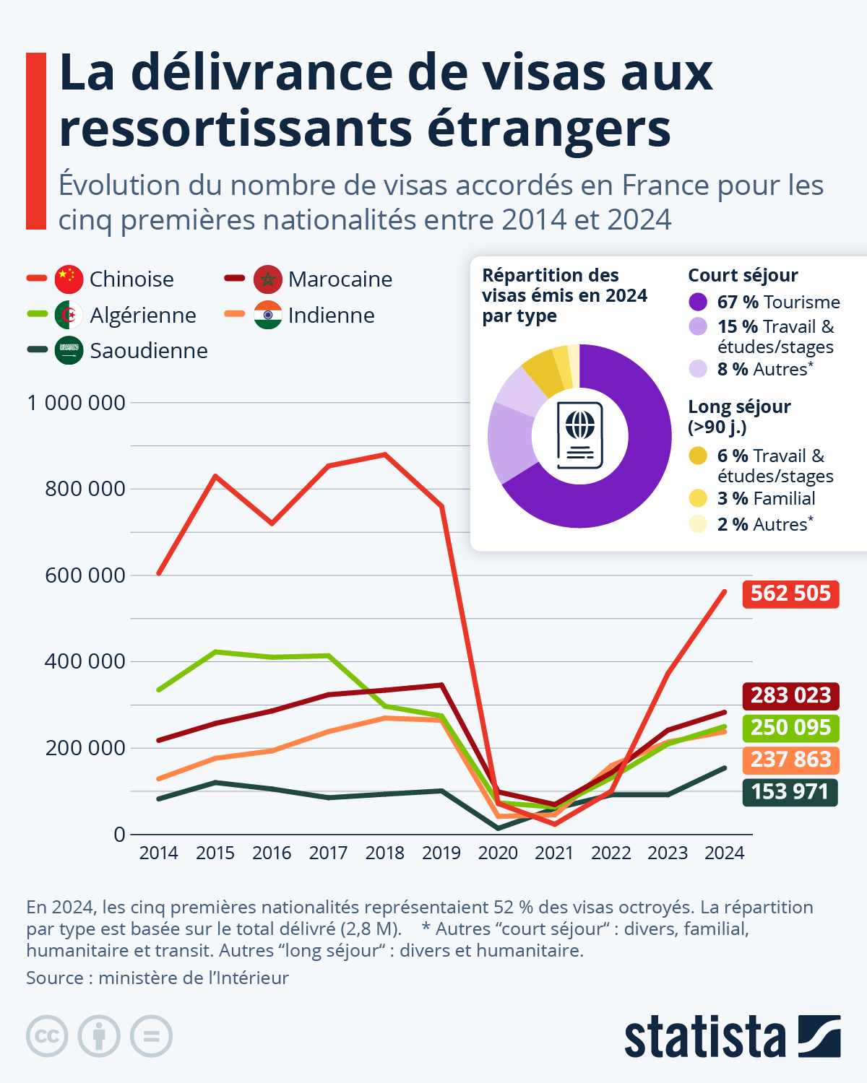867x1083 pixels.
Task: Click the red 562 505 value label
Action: tap(790, 593)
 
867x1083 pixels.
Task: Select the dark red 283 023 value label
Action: tap(790, 695)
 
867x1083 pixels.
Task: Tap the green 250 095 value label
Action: tap(790, 727)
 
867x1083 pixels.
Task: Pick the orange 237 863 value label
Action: tap(790, 760)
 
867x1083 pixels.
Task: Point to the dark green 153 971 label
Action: tap(790, 792)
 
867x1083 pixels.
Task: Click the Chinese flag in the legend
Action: tap(69, 279)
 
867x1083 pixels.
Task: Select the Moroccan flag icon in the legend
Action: tap(267, 279)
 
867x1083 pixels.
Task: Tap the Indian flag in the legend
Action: tap(267, 315)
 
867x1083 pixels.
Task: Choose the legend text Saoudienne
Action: tap(149, 351)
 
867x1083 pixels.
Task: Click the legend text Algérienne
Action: tap(143, 315)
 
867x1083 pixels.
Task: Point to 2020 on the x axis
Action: tap(498, 853)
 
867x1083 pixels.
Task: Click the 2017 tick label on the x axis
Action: tap(328, 853)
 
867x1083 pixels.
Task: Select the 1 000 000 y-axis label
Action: tap(76, 403)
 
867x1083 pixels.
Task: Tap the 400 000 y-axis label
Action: tap(85, 661)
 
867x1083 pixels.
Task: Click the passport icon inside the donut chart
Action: tap(579, 435)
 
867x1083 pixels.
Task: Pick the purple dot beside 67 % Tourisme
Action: tap(698, 302)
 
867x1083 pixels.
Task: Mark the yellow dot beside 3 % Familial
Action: tap(698, 498)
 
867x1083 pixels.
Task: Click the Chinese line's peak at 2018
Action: tap(385, 454)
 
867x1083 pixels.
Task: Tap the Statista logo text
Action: tap(704, 1038)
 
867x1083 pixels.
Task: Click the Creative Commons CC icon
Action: tap(47, 1036)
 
